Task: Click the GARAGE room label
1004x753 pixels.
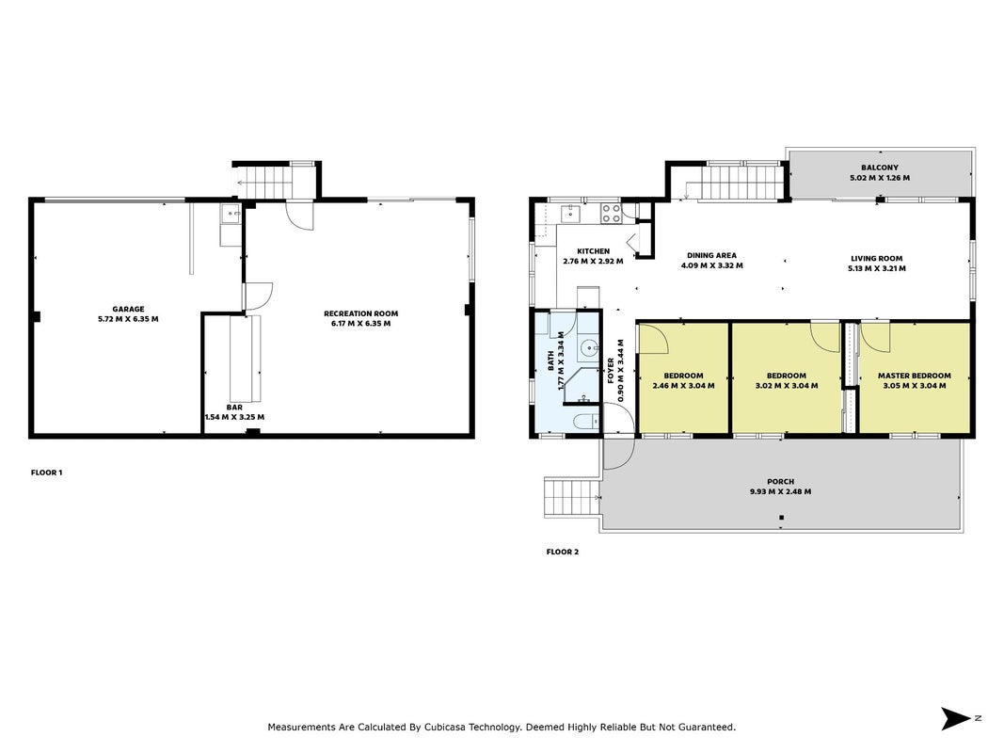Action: click(x=128, y=309)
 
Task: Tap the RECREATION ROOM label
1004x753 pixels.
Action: click(x=361, y=313)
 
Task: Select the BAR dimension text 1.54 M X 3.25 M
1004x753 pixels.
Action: click(x=234, y=417)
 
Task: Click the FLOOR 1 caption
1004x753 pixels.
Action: click(x=47, y=473)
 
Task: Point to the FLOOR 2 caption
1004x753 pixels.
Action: click(x=562, y=552)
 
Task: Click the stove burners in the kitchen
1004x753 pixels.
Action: click(x=611, y=214)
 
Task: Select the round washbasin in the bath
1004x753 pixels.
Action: click(x=588, y=349)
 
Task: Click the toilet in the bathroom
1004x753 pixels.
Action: click(x=586, y=422)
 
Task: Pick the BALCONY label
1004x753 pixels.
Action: click(x=879, y=168)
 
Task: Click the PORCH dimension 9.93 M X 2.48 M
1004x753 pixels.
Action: click(x=781, y=491)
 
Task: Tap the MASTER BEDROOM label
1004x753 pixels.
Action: click(x=915, y=376)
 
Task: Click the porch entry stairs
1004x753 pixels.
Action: click(x=571, y=497)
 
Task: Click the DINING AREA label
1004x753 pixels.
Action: click(x=711, y=255)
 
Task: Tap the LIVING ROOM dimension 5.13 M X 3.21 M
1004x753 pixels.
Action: click(x=877, y=269)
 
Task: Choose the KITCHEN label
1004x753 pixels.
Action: click(x=593, y=251)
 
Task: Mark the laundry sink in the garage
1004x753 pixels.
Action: click(x=231, y=214)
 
